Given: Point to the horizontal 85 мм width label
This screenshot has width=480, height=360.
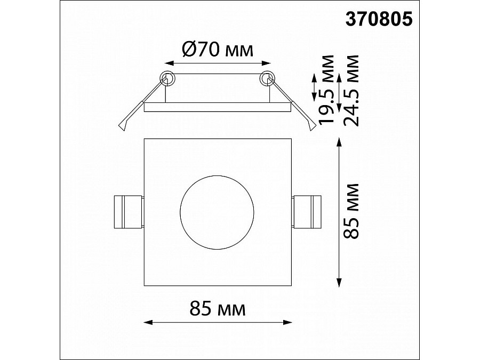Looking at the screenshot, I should [218, 308].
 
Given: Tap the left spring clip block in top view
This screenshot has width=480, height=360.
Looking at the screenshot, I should [129, 212].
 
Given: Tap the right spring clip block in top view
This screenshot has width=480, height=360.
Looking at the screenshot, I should [307, 212].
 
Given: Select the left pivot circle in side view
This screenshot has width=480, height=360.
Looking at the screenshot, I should [167, 79].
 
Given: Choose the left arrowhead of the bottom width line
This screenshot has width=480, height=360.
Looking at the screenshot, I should [148, 322].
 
